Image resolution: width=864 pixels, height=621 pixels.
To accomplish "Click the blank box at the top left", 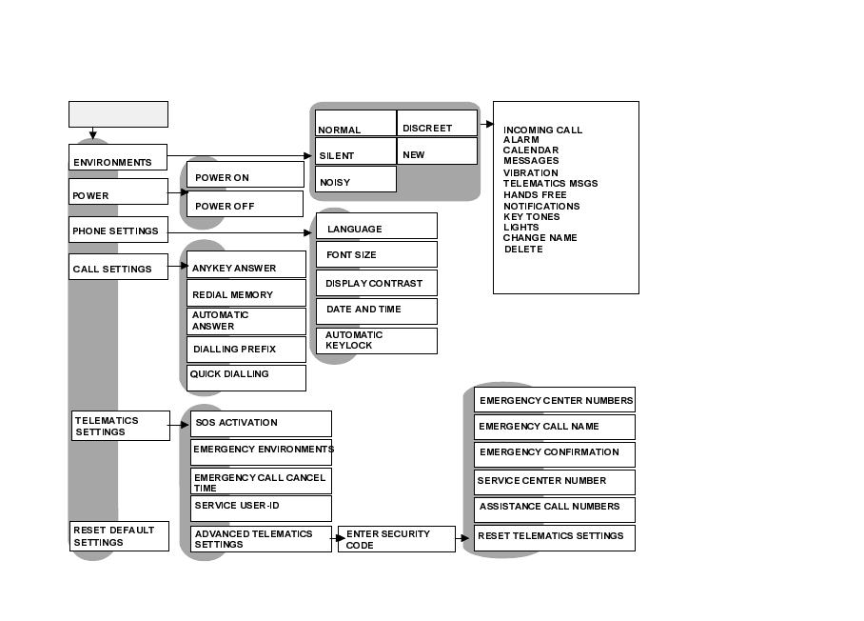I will pos(118,114).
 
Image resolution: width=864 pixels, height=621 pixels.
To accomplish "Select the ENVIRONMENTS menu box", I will pos(118,158).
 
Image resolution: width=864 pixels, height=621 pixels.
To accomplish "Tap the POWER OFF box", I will pos(245,205).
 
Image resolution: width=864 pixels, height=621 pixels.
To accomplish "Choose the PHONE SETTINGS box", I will pos(118,230).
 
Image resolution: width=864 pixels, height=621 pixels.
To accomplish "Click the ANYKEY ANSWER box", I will pos(246,265).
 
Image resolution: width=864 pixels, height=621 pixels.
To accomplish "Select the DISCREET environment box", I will pos(437,124).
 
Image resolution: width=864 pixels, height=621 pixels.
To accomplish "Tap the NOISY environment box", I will pos(355,179).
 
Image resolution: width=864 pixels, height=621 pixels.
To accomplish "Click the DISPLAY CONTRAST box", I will pos(377,283).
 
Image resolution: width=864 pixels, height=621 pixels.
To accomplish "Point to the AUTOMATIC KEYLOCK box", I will pos(377,341).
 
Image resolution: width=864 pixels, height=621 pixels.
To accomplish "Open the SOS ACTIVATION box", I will pos(261,424).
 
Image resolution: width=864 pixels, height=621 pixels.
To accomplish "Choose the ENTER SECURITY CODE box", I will pos(396,539).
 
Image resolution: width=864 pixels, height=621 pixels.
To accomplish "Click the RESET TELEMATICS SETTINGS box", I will pos(554,537).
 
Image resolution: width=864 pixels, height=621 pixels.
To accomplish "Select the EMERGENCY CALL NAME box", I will pos(554,427).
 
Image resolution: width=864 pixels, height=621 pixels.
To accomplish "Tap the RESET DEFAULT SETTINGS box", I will pos(120,536).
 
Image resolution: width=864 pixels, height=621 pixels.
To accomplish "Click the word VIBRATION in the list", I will pos(531,173).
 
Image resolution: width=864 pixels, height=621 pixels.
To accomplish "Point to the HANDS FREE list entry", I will pos(535,195).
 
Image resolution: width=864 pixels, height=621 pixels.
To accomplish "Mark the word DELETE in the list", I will pos(523,250).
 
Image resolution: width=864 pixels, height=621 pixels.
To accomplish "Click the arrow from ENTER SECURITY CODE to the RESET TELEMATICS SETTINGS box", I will pos(464,539).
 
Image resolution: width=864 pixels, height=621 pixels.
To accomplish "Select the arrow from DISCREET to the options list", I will pos(485,124).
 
